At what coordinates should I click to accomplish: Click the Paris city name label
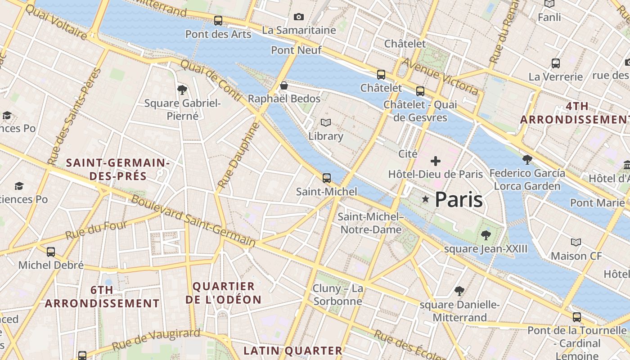(459, 199)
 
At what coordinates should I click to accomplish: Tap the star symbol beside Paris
(425, 199)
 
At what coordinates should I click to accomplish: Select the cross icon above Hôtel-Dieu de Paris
(435, 161)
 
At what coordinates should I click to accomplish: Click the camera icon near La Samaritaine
(298, 17)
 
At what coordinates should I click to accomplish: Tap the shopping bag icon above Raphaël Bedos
(284, 85)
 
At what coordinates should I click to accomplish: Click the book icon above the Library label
(326, 122)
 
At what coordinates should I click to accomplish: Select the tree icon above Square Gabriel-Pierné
(182, 90)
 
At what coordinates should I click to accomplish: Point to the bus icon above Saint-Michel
(327, 178)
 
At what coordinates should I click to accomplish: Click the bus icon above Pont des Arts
(218, 20)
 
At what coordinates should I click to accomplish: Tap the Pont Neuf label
(296, 50)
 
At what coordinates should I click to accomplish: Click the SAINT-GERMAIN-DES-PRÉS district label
(118, 169)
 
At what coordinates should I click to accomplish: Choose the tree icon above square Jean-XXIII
(486, 235)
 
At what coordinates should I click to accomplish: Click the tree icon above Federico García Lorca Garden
(527, 159)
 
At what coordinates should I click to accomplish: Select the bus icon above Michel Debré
(51, 252)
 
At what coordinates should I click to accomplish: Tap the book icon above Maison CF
(576, 243)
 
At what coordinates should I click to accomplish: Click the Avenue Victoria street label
(440, 76)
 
